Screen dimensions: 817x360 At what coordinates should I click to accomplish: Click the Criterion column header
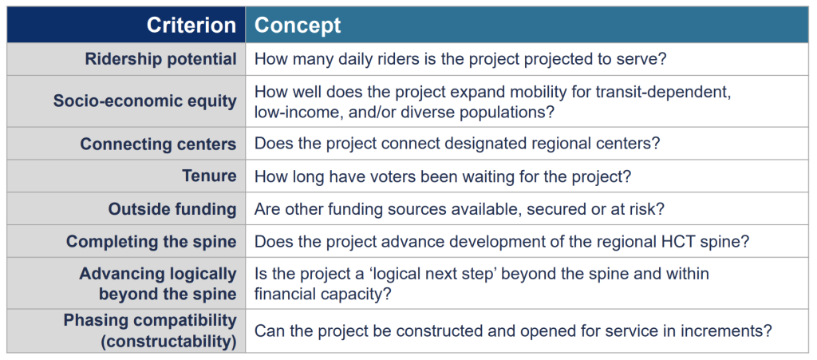(x=191, y=25)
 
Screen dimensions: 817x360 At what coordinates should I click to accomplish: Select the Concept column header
(x=298, y=25)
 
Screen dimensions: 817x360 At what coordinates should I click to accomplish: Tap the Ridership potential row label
(x=160, y=59)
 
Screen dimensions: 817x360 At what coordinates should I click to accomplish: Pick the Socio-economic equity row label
(x=145, y=101)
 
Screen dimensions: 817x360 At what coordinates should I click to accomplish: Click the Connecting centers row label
(x=158, y=144)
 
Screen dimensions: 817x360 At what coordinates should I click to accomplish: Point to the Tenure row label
(x=210, y=176)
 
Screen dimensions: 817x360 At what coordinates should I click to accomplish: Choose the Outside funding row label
(x=172, y=209)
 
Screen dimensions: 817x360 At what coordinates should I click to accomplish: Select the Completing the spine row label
(x=151, y=242)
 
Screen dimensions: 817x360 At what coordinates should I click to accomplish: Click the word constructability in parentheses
(x=169, y=342)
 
